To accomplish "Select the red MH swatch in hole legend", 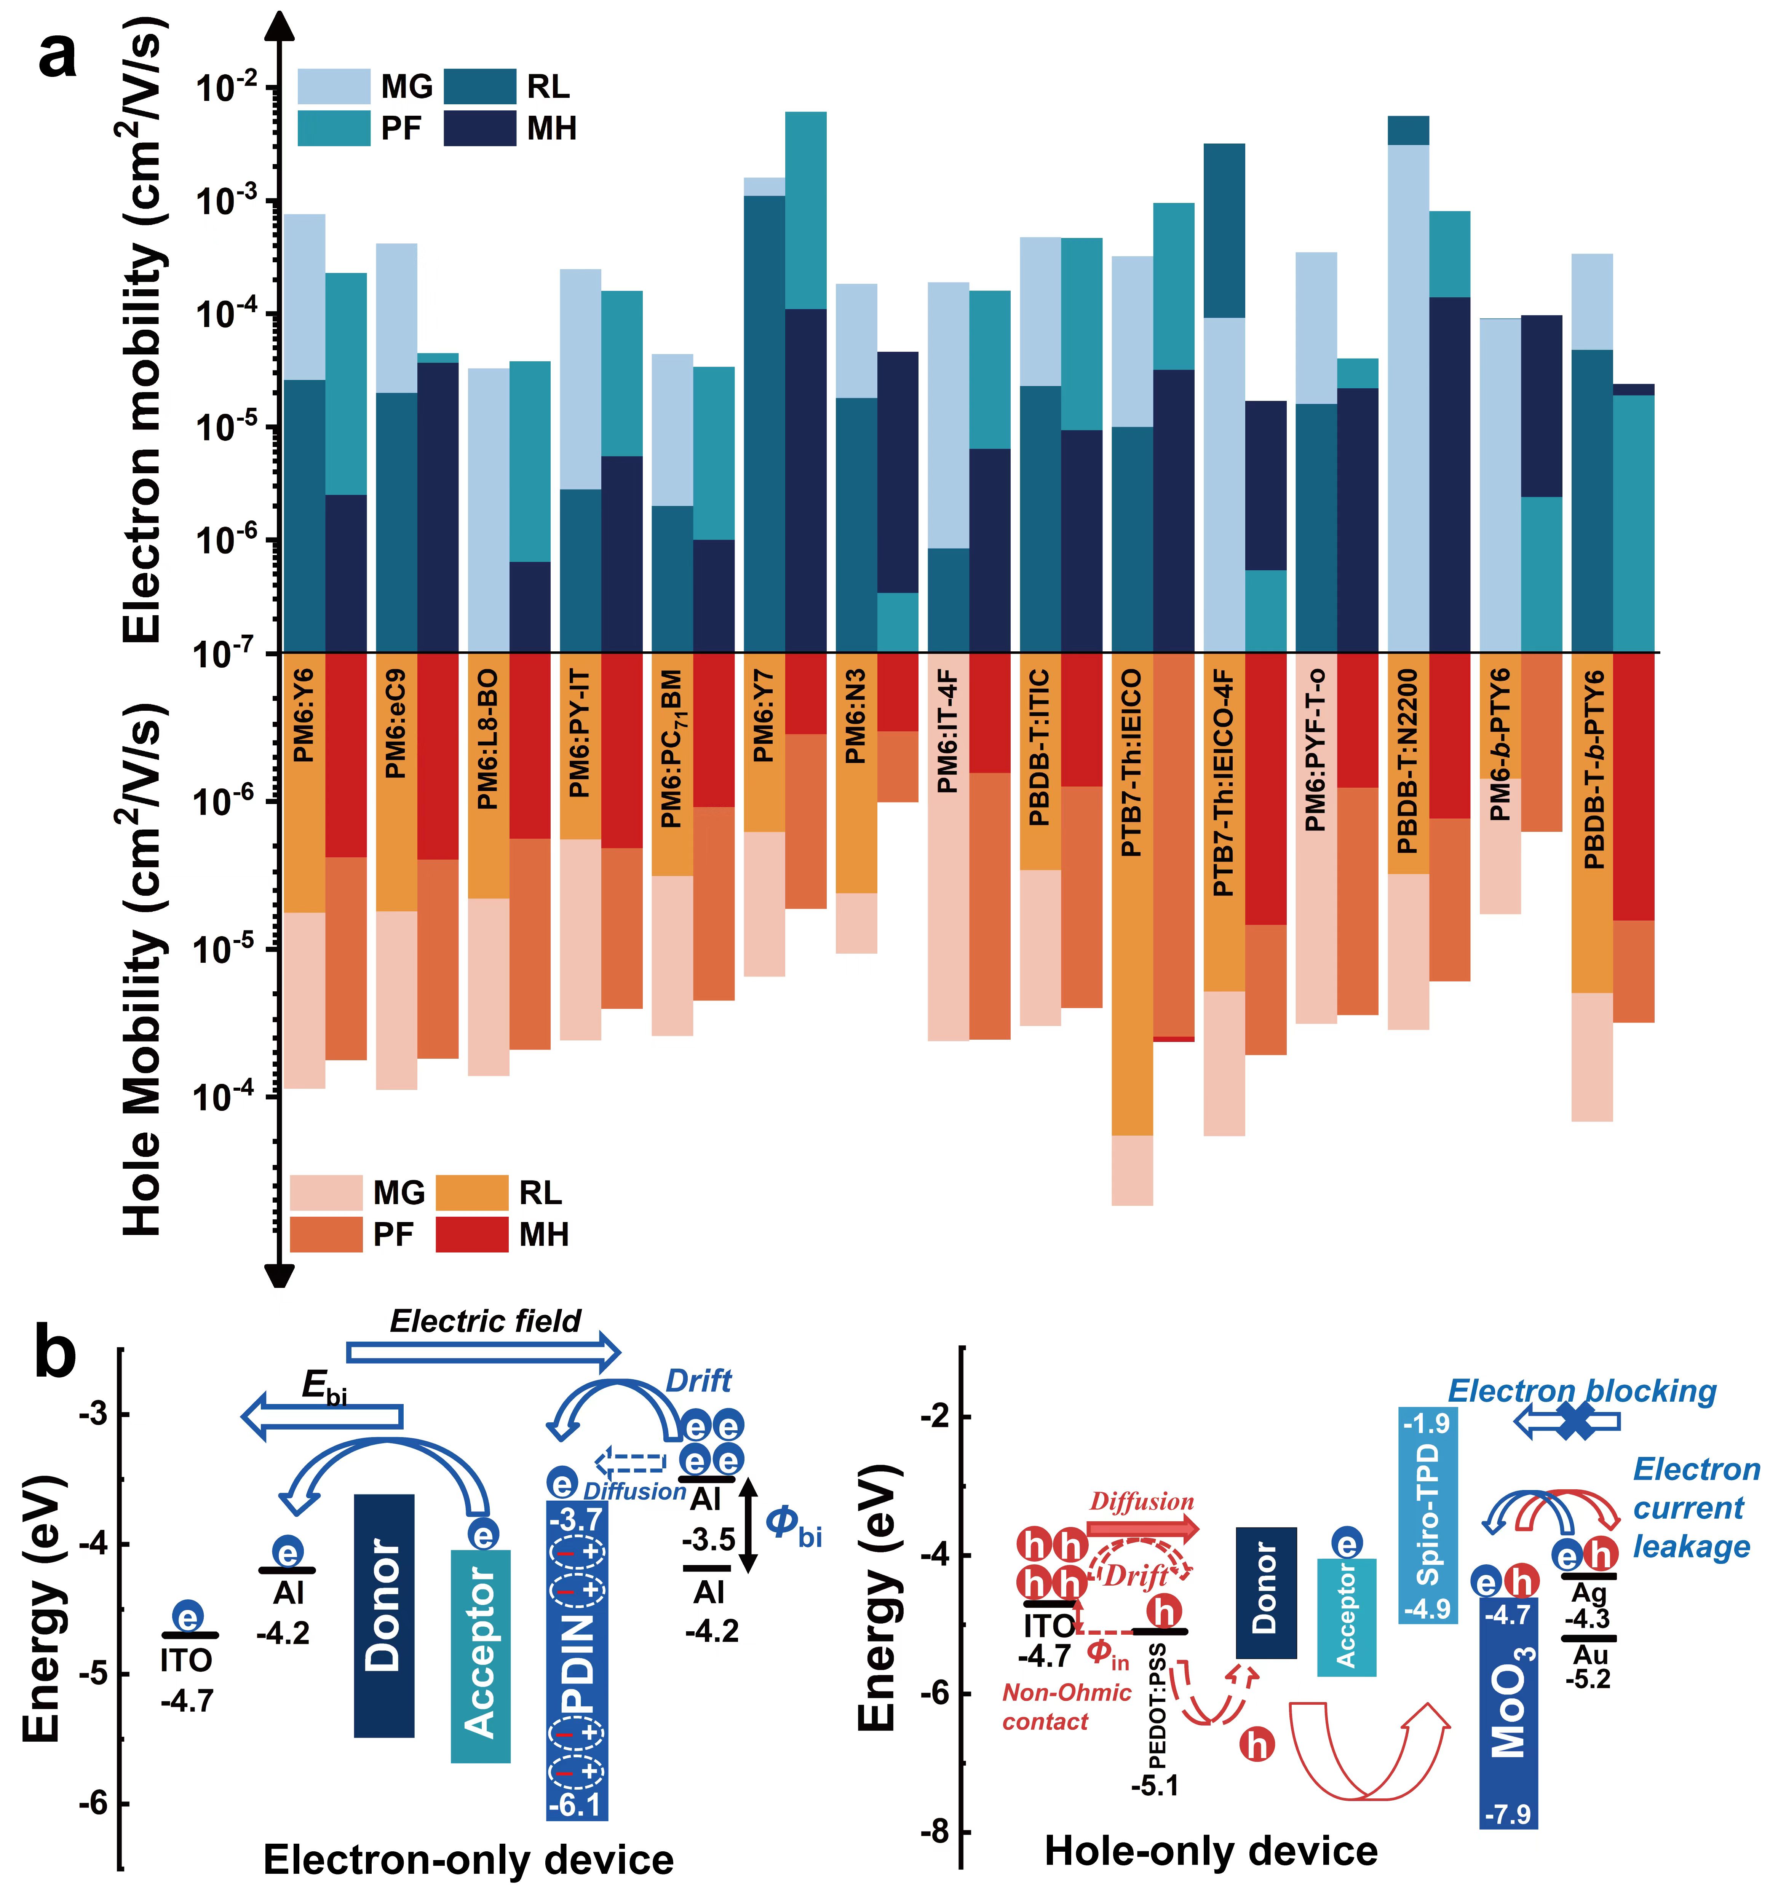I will click(x=471, y=1234).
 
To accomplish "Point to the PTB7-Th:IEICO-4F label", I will click(x=1224, y=782).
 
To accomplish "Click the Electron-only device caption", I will click(x=469, y=1859).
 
